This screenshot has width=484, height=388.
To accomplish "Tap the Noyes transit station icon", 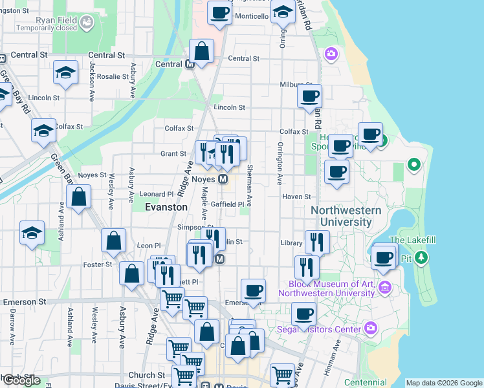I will (x=223, y=178).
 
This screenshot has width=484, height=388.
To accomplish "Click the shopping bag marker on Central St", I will (x=202, y=52).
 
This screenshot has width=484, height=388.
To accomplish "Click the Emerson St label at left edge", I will (x=25, y=301).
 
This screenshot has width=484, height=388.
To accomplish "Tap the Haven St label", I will (x=297, y=197).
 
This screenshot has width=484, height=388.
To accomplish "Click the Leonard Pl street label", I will (x=157, y=194).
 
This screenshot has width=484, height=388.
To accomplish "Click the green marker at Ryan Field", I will (x=86, y=22).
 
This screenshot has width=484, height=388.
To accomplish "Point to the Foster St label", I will (x=98, y=264).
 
